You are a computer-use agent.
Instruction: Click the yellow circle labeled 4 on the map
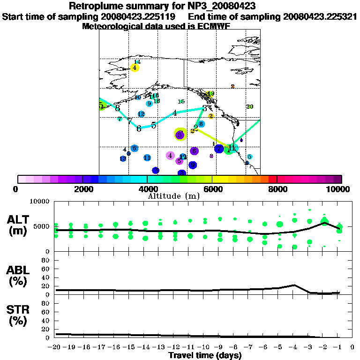click(x=135, y=67)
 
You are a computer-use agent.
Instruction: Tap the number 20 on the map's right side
click(x=250, y=107)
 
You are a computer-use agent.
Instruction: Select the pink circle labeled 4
click(x=171, y=156)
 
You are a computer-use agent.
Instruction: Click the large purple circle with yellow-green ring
click(x=180, y=135)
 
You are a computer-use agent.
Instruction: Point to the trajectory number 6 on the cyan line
click(x=139, y=128)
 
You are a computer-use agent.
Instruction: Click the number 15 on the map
click(x=181, y=102)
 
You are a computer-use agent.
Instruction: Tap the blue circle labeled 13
click(x=123, y=159)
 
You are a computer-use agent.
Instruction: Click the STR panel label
click(x=19, y=314)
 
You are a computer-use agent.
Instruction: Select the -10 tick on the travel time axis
click(x=204, y=347)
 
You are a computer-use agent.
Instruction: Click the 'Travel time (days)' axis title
click(x=205, y=356)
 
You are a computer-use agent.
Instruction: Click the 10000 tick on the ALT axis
click(x=39, y=202)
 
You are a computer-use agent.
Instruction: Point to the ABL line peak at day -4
click(x=294, y=285)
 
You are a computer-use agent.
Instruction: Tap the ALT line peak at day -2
click(x=324, y=223)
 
